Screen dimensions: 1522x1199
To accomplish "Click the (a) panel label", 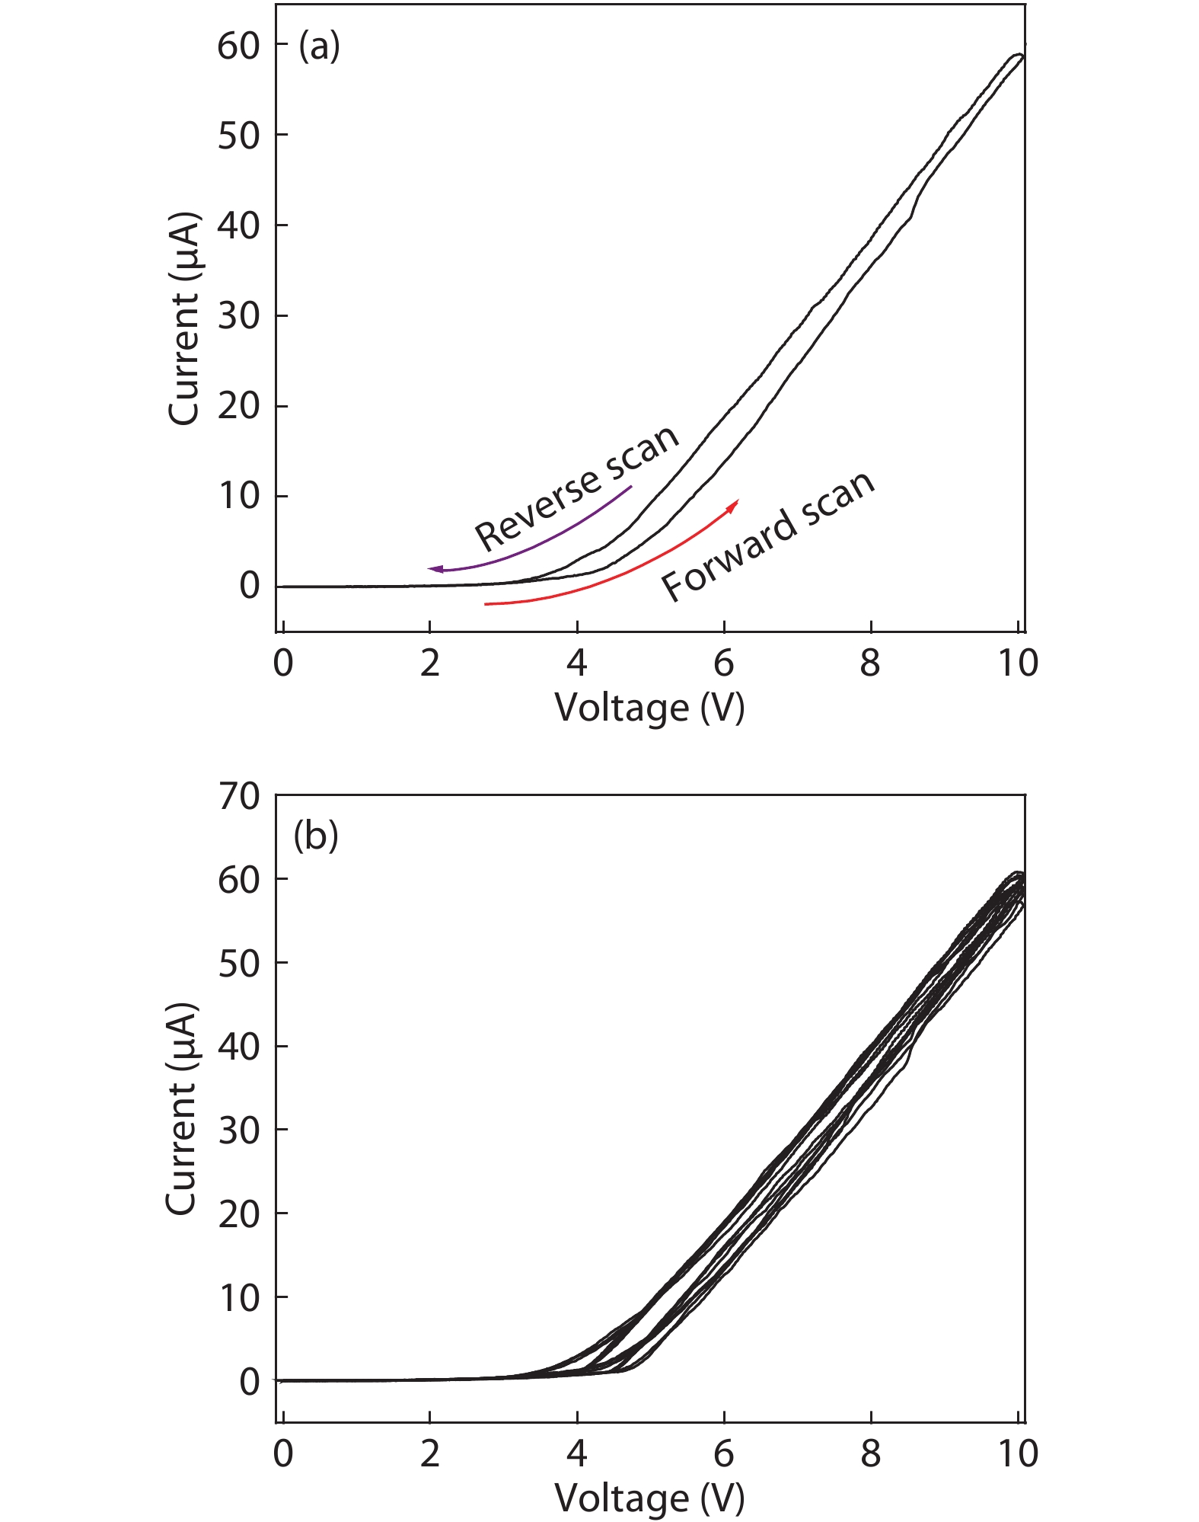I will [x=319, y=46].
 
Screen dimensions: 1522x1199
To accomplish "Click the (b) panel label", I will [x=315, y=836].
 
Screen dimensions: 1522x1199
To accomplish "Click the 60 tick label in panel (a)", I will [x=238, y=46].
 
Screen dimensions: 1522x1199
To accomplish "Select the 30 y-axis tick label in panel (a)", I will [x=238, y=316].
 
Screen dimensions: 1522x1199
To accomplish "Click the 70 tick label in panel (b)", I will [x=238, y=797].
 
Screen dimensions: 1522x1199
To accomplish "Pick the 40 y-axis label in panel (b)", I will [x=238, y=1047].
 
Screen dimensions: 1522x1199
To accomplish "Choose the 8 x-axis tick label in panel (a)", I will [x=870, y=663].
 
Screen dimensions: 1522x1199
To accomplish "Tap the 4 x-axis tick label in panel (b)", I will [x=576, y=1454].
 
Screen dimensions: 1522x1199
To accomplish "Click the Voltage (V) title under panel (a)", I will [x=649, y=708].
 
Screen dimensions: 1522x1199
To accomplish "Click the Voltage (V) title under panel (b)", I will [x=649, y=1498].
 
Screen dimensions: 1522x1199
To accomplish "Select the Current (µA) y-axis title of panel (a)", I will [x=183, y=318].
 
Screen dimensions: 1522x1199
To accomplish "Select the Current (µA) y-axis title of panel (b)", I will [x=182, y=1108].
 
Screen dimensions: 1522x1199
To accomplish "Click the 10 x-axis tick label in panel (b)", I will [x=1018, y=1454].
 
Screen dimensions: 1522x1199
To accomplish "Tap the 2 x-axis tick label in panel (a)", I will [x=430, y=663].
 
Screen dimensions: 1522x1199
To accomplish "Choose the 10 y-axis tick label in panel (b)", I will [x=238, y=1297].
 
